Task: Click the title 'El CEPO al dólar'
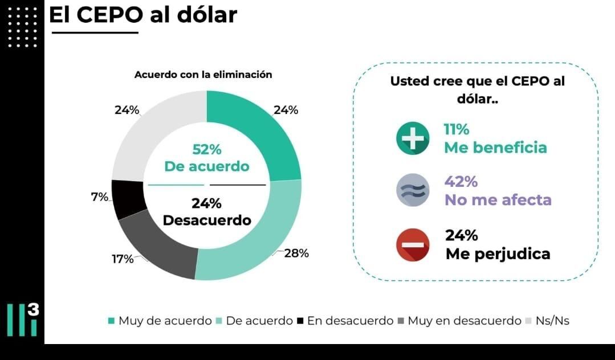(143, 15)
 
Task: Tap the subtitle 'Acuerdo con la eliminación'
(203, 75)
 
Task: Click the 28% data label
(296, 253)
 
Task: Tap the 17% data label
(123, 259)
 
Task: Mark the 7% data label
(99, 197)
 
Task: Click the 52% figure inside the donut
(206, 150)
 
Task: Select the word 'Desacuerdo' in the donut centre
(207, 220)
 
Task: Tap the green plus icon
(413, 138)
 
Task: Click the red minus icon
(413, 244)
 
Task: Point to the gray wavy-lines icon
(413, 190)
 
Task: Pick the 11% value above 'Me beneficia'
(457, 129)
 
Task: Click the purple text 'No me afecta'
(498, 201)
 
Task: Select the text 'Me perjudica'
(498, 254)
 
